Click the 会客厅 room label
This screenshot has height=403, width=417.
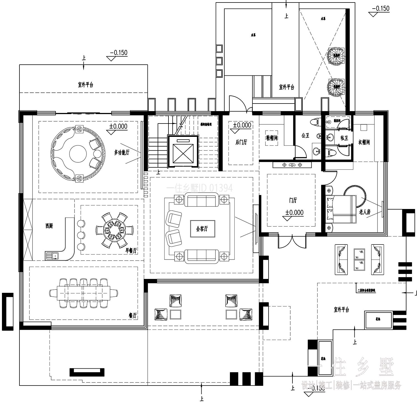tap(202, 229)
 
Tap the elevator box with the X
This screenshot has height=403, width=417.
tap(183, 152)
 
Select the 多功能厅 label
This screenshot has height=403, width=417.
tap(121, 152)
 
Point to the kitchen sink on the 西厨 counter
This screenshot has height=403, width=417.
tap(52, 255)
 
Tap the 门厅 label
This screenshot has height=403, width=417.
tap(292, 200)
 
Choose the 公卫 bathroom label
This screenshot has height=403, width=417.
tap(305, 135)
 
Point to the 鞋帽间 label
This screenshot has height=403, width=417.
tap(272, 138)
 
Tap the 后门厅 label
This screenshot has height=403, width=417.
tap(241, 142)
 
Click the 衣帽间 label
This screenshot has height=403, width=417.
tap(364, 142)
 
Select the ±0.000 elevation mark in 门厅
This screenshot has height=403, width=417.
tap(294, 213)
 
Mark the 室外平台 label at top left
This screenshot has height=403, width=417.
tap(85, 85)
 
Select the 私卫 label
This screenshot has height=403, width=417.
tap(344, 138)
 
